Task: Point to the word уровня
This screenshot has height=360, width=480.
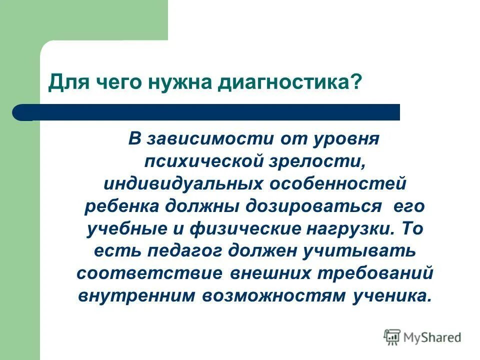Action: [x=348, y=138]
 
